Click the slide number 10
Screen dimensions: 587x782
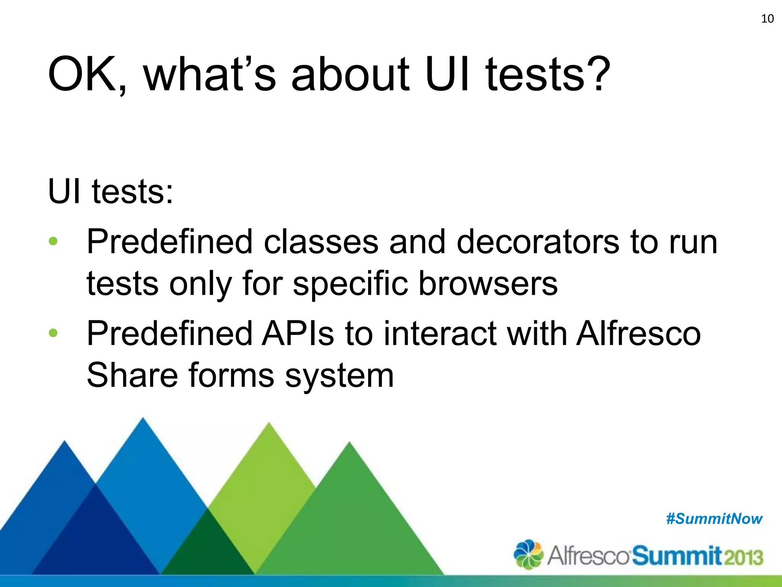point(767,19)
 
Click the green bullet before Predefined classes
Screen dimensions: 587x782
point(53,242)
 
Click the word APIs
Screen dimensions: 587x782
point(298,333)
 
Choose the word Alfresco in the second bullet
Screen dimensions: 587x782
point(638,333)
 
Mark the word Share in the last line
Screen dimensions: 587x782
point(132,375)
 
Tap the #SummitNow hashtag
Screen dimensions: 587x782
point(714,519)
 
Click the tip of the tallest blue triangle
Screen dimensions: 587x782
point(143,420)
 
